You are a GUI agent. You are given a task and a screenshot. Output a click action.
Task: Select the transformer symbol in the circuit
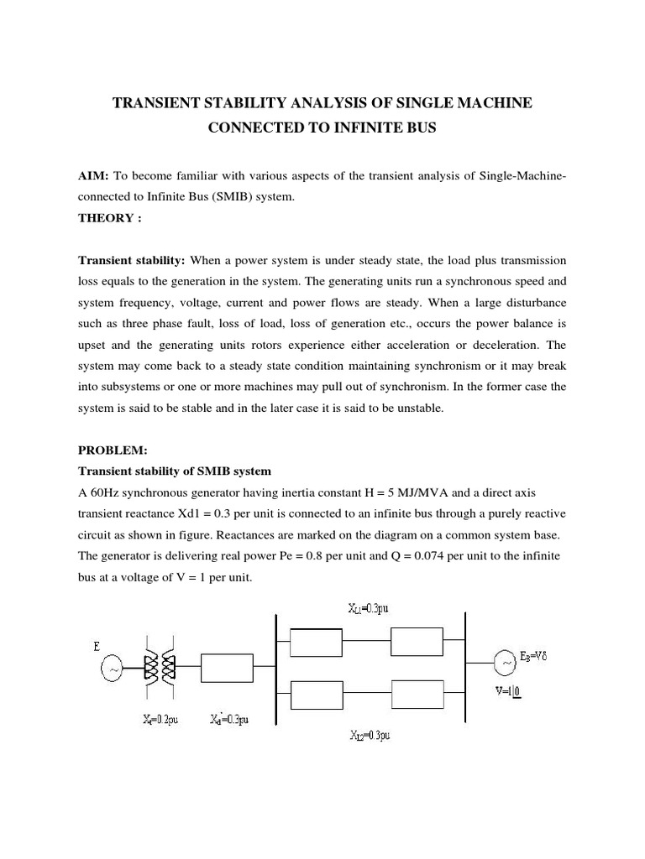tap(160, 669)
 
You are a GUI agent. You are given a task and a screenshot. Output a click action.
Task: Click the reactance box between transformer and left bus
tap(227, 669)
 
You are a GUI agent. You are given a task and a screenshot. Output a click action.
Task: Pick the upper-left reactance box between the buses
tap(316, 643)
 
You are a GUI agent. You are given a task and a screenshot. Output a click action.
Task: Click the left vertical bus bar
tap(276, 669)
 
